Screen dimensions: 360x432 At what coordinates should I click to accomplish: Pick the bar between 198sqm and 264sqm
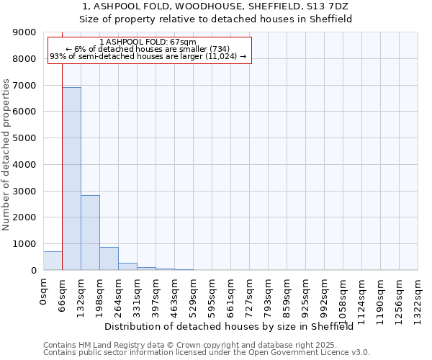point(109,258)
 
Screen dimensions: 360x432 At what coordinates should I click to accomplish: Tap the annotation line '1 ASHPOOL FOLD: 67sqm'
point(148,42)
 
